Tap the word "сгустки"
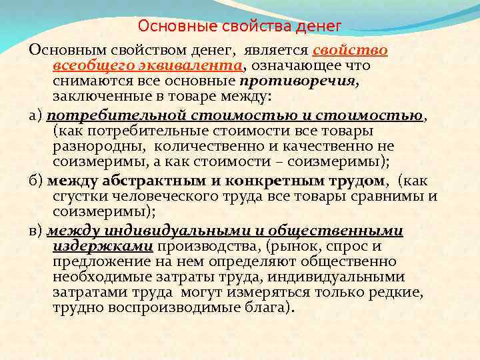tap(76, 196)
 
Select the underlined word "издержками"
tap(103, 246)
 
